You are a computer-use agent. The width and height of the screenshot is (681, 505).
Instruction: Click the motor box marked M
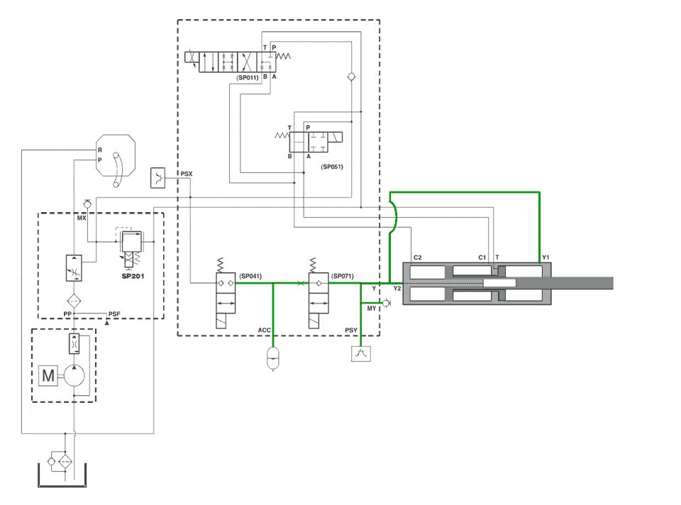coord(48,375)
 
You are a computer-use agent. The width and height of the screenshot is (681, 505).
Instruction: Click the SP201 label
coord(133,276)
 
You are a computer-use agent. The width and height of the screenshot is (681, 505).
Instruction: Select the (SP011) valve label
coord(248,78)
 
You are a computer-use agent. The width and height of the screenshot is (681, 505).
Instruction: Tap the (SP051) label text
coord(332,167)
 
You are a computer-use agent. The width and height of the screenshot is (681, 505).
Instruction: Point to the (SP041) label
coord(250,276)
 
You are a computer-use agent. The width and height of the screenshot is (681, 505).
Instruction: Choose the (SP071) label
coord(343,276)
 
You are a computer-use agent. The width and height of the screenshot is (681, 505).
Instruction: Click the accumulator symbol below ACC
coord(272,357)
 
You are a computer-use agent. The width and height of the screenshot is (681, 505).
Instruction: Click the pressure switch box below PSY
coord(361,353)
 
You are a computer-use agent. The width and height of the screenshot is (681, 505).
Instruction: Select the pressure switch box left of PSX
coord(158,177)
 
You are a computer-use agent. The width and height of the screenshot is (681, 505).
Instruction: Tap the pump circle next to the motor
coord(74,375)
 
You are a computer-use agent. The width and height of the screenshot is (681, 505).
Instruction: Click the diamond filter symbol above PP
coord(74,301)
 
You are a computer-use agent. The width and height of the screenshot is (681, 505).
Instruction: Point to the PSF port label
coord(114,314)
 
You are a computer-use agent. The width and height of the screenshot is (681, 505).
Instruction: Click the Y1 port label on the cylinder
coord(546,257)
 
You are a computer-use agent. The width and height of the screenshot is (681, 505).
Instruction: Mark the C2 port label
coord(417,257)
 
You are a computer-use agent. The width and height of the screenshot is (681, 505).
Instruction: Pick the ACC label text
coord(264,331)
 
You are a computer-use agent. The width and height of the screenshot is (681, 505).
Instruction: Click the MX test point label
coord(82,218)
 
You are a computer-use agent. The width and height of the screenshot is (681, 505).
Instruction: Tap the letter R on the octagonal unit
coord(100,150)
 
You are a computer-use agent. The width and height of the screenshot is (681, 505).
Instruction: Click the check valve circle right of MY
coord(386,303)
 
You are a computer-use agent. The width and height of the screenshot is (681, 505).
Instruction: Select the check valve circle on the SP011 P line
coord(351,77)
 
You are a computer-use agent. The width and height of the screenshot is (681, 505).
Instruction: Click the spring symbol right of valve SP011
coord(283,56)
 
